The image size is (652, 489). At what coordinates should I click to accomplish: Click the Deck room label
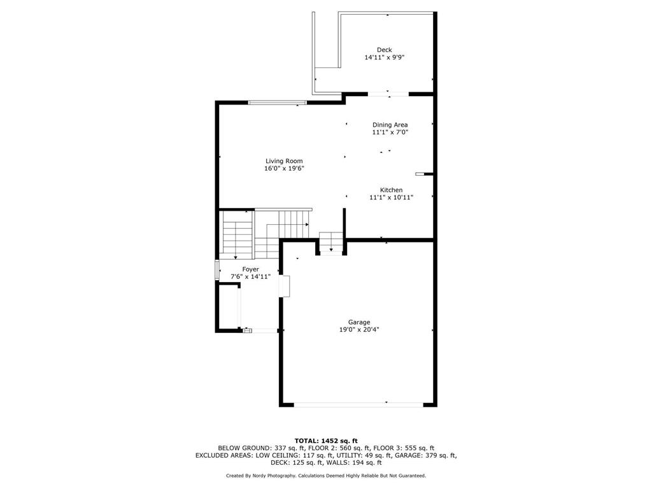pos(384,50)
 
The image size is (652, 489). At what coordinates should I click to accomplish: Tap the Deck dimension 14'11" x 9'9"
pos(385,57)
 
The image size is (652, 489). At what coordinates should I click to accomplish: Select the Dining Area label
pos(390,125)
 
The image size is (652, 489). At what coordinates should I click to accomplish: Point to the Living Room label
pos(284,161)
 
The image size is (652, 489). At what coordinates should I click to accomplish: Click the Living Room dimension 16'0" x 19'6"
pos(284,169)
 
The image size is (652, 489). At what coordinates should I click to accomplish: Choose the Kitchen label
pos(391,190)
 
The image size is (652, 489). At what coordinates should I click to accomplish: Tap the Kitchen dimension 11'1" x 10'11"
pos(391,198)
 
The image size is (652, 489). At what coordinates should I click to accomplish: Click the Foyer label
pos(250,269)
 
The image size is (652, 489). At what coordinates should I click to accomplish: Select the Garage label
pos(359,322)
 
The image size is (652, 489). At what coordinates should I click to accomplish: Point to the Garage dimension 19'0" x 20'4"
pos(359,330)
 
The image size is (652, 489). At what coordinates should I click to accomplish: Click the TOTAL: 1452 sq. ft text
pos(326,441)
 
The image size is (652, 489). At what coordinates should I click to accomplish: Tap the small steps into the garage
pos(331,243)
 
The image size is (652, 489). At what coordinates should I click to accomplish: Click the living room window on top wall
pos(277,103)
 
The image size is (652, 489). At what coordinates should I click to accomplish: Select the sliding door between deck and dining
pos(388,94)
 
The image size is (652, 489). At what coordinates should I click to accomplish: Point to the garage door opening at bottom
pos(358,404)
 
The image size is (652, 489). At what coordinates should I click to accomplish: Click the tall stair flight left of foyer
pos(237,234)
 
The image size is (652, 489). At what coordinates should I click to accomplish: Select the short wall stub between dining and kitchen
pos(423,173)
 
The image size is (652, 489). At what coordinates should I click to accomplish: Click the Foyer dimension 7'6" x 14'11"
pos(250,277)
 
